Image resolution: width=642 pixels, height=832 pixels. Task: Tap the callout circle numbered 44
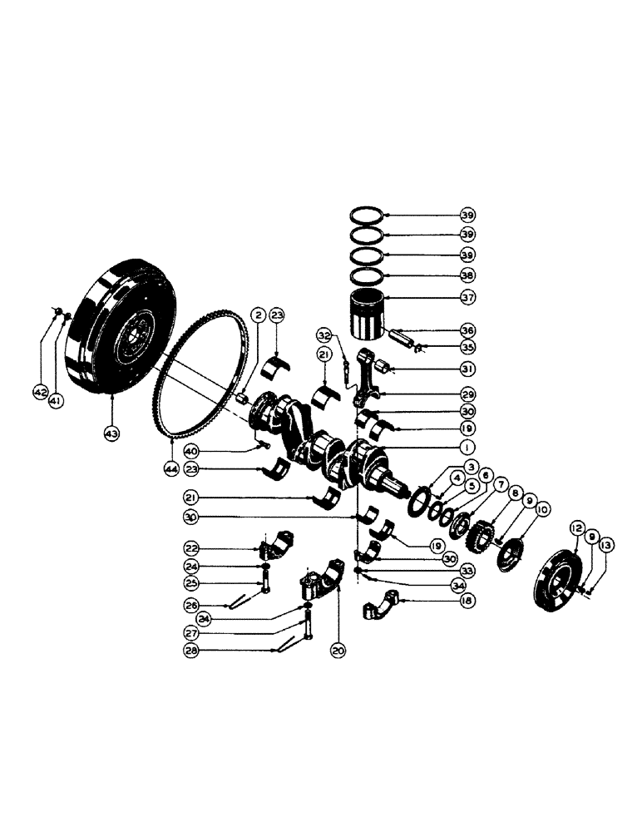coord(172,470)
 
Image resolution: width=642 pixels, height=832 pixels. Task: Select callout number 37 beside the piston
coord(468,298)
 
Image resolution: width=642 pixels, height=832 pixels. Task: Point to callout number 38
coord(468,275)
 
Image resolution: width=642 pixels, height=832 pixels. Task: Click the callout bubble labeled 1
coord(470,448)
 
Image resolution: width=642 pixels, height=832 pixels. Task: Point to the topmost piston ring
coord(367,215)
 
